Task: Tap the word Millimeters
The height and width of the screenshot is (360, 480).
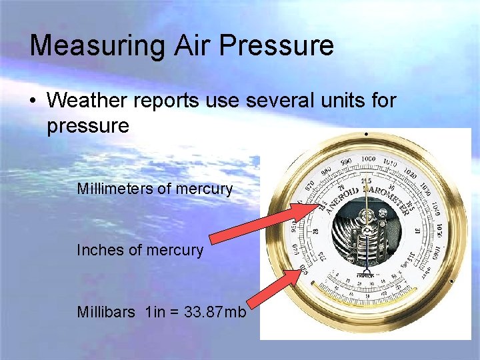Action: pos(115,189)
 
